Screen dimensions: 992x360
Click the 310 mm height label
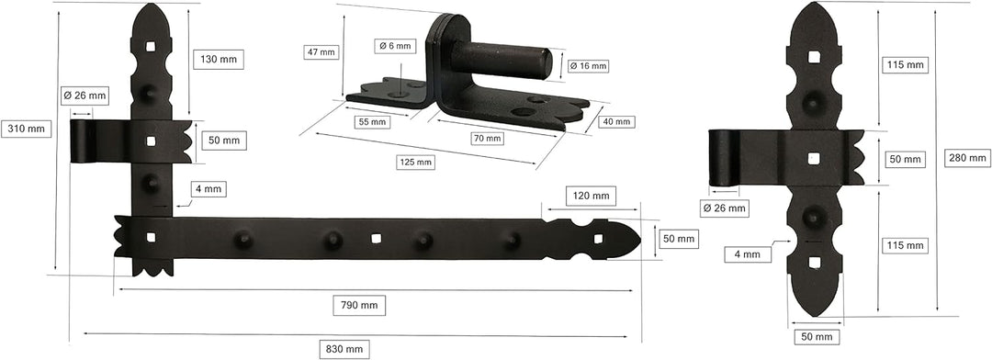click(x=26, y=129)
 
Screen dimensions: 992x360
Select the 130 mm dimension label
click(x=219, y=59)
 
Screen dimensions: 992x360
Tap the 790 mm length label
click(x=359, y=305)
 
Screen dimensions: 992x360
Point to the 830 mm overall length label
click(x=344, y=349)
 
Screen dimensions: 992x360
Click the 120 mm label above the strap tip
click(x=591, y=196)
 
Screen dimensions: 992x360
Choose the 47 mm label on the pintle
click(x=321, y=51)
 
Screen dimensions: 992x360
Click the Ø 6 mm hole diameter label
click(x=395, y=46)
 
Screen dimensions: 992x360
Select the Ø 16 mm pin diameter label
click(x=589, y=65)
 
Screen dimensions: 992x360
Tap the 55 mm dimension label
click(x=371, y=121)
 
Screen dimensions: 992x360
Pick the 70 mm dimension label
click(x=487, y=138)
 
